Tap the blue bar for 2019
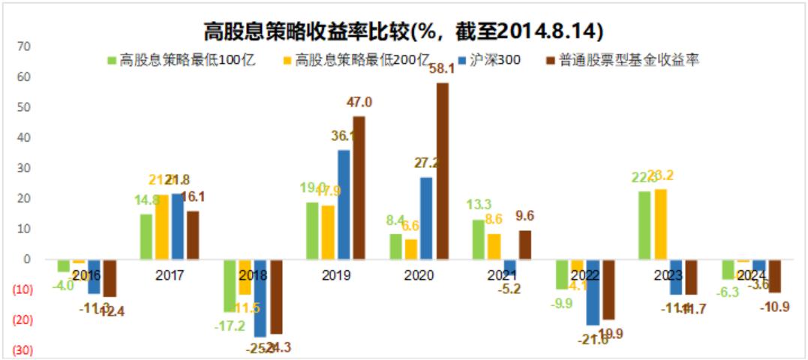point(344,204)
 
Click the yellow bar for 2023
point(661,223)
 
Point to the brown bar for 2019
point(359,187)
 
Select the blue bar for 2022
point(593,292)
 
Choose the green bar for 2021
point(478,239)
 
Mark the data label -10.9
point(774,307)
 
